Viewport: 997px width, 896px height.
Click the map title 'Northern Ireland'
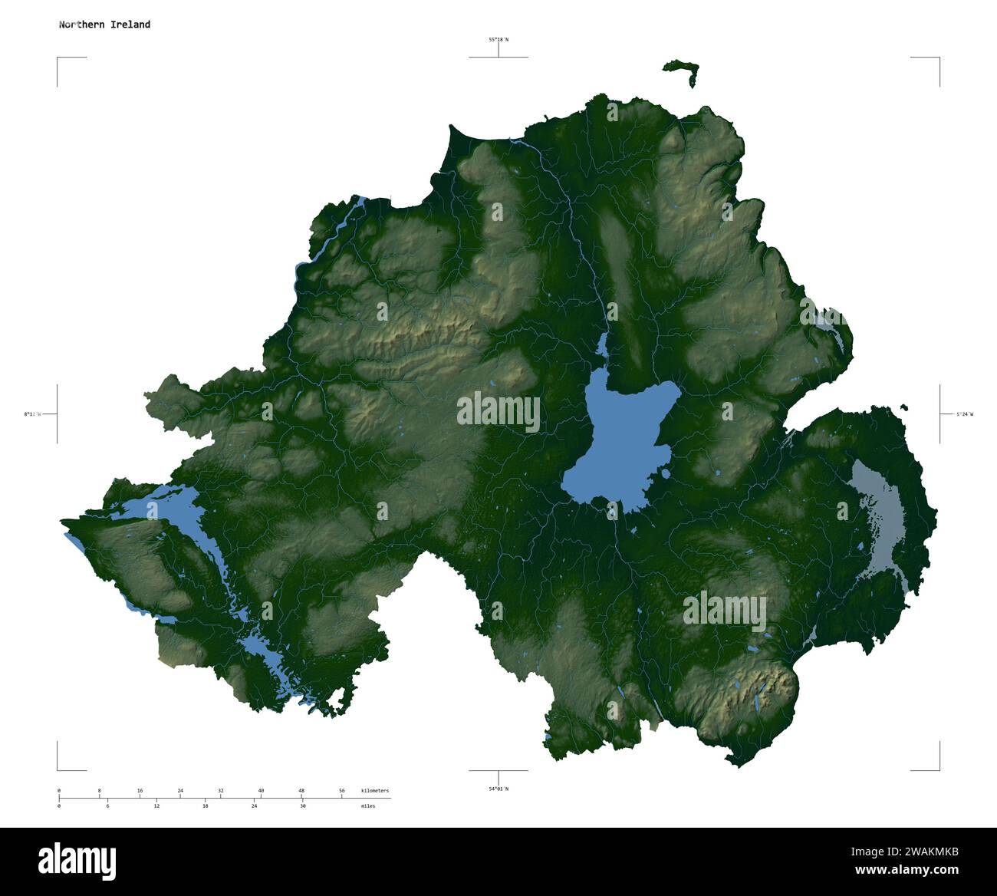[104, 25]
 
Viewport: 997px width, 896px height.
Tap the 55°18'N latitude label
[498, 39]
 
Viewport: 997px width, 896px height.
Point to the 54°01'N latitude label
[498, 789]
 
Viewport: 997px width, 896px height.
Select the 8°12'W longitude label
[31, 414]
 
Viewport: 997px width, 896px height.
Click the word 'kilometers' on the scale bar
[375, 790]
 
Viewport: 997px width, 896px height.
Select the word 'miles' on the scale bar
[368, 807]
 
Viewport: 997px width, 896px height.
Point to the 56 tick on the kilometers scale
[342, 790]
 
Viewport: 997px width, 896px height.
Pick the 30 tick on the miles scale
[303, 806]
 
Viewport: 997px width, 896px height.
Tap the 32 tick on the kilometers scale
[221, 790]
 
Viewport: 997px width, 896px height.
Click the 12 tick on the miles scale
[156, 806]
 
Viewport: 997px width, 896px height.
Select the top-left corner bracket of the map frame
[58, 58]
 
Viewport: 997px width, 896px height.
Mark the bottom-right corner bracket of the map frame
[938, 769]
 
